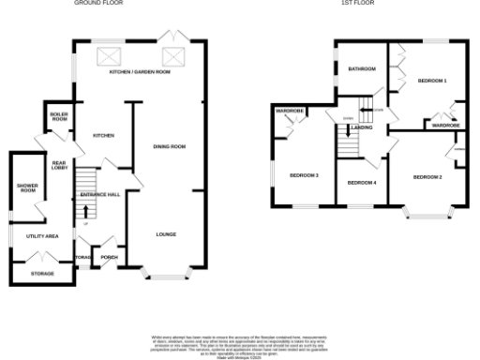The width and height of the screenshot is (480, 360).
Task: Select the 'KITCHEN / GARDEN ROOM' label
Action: (140, 72)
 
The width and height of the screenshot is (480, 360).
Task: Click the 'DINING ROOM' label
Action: (170, 146)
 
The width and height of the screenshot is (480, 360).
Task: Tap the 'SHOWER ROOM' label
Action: (26, 187)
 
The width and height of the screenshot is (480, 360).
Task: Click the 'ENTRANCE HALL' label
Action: (99, 194)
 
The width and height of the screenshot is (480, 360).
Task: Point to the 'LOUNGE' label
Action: (167, 234)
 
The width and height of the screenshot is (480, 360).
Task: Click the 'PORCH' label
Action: (109, 256)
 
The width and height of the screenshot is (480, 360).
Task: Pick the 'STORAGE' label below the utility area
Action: (42, 274)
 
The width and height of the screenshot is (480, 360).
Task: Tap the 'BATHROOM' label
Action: (361, 69)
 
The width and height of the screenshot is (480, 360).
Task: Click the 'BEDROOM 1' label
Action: (432, 81)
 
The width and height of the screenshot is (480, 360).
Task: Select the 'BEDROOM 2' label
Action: (427, 176)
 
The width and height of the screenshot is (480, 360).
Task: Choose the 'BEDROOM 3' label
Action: (304, 176)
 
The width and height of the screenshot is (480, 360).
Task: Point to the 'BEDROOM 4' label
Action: (362, 183)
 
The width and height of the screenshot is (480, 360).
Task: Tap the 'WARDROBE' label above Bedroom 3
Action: (289, 112)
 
